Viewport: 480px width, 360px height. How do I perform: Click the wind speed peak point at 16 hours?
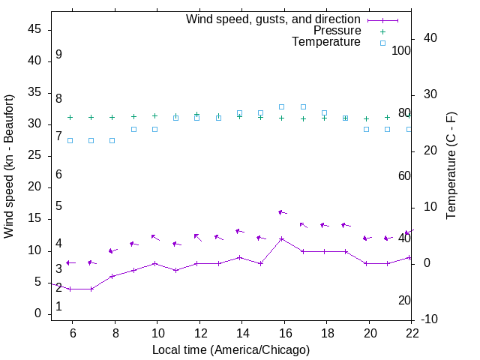[281, 238]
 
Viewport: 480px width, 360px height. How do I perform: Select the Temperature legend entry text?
[325, 42]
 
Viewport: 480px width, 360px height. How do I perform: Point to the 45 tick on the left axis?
[34, 29]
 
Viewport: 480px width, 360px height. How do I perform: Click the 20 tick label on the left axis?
[34, 187]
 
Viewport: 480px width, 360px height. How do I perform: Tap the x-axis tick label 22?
[412, 333]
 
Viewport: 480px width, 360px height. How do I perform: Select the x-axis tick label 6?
[72, 333]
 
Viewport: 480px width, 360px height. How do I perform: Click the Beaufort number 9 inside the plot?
[58, 55]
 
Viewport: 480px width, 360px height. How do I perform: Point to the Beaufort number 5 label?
[58, 206]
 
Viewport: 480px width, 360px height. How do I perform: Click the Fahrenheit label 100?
[401, 50]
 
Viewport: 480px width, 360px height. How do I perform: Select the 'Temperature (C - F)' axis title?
[451, 166]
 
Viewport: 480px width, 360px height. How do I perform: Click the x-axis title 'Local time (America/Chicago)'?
[231, 349]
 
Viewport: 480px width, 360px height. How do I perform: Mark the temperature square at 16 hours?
[281, 106]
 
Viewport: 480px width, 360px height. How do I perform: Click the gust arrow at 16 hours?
[282, 212]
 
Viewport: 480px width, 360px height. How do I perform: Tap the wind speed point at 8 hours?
[112, 276]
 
